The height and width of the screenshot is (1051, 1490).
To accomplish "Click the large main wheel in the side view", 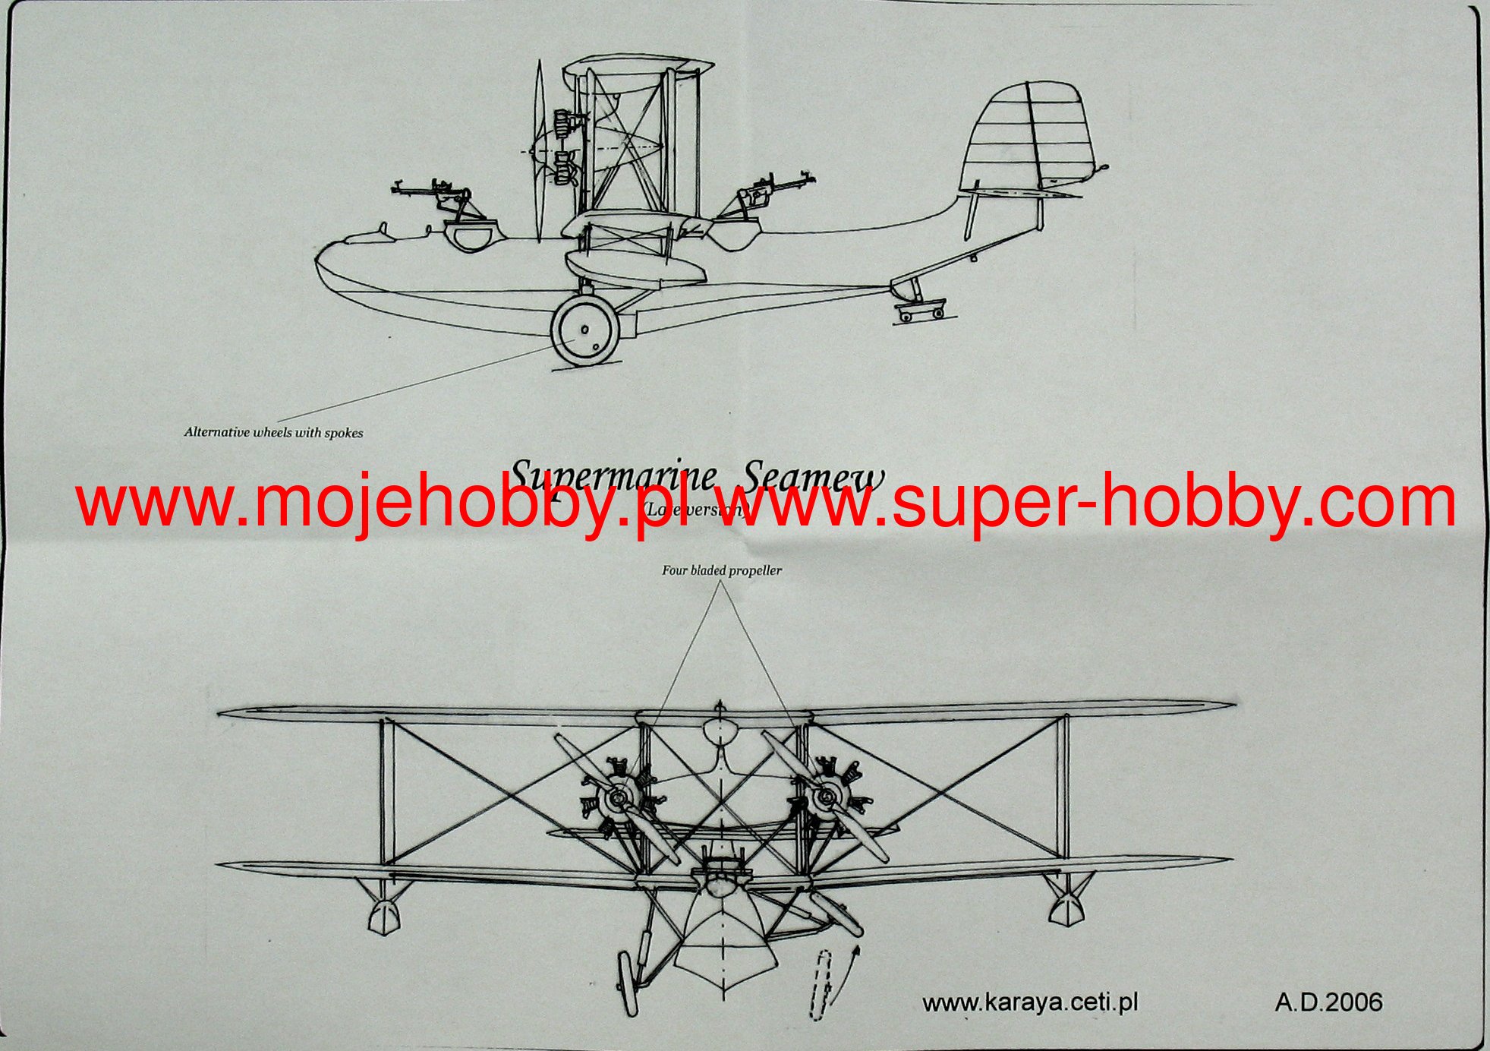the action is [585, 330].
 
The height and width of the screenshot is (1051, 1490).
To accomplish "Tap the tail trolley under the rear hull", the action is [919, 311].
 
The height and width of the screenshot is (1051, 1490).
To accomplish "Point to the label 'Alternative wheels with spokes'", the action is [273, 433].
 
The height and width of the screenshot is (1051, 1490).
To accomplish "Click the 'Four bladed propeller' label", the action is [721, 570].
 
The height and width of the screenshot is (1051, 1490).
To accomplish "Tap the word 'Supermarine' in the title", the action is [612, 477].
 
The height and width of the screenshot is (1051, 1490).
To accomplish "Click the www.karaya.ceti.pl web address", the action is [1030, 1002].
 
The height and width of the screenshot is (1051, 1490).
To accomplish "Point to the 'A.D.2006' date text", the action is [1328, 1002].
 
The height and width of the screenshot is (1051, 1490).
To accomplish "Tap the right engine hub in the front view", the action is [826, 797].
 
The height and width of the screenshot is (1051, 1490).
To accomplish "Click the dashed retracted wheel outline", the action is [821, 984].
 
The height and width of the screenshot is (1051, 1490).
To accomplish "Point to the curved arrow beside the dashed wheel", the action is [849, 972].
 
